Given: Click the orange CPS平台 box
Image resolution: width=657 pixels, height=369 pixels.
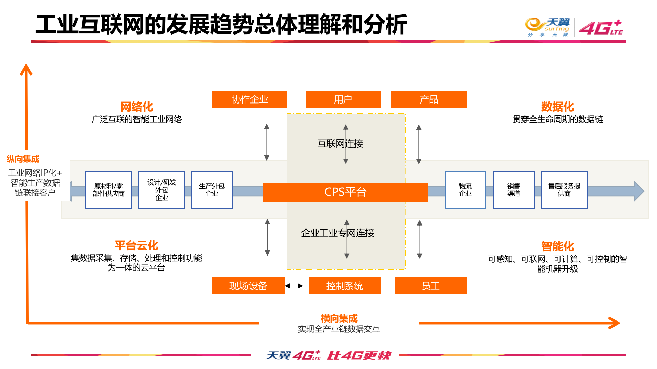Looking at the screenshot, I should pyautogui.click(x=345, y=192).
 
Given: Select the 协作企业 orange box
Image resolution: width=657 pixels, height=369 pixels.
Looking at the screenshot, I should pyautogui.click(x=249, y=99).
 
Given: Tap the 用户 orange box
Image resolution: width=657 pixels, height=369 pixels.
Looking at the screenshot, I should pyautogui.click(x=343, y=99).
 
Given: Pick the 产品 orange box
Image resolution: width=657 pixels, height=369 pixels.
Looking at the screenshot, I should pyautogui.click(x=429, y=99).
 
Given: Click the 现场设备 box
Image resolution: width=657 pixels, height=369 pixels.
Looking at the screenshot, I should pyautogui.click(x=248, y=286).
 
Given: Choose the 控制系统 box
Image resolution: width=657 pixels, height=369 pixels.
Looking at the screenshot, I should pyautogui.click(x=344, y=286).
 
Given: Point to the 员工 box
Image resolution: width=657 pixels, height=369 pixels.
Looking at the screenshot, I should pyautogui.click(x=430, y=286).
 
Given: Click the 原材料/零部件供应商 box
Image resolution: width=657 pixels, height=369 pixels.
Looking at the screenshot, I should pyautogui.click(x=108, y=190).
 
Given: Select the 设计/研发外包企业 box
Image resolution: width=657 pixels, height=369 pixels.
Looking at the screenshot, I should pyautogui.click(x=162, y=190).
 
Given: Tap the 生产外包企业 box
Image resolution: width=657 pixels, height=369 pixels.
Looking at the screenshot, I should pyautogui.click(x=212, y=190).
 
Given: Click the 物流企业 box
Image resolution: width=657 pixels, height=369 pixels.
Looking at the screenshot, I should pyautogui.click(x=465, y=190).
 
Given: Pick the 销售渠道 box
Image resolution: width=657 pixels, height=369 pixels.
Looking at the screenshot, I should pyautogui.click(x=514, y=190).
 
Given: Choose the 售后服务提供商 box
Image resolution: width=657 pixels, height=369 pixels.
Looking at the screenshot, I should pyautogui.click(x=564, y=190).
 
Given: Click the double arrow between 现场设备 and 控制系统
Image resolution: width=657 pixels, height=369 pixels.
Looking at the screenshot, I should pyautogui.click(x=294, y=286).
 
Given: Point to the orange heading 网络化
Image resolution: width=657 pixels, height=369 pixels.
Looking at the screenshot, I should pyautogui.click(x=137, y=107).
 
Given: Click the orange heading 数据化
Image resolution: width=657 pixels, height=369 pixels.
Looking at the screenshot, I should pyautogui.click(x=557, y=107).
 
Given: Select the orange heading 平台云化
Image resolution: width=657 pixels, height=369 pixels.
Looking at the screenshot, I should pyautogui.click(x=136, y=245).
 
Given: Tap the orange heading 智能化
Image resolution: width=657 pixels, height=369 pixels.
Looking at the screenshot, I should pyautogui.click(x=557, y=246).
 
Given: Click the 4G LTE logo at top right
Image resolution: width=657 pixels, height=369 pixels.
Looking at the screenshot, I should pyautogui.click(x=601, y=28).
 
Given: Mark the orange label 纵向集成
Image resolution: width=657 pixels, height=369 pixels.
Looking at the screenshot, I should pyautogui.click(x=23, y=159).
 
